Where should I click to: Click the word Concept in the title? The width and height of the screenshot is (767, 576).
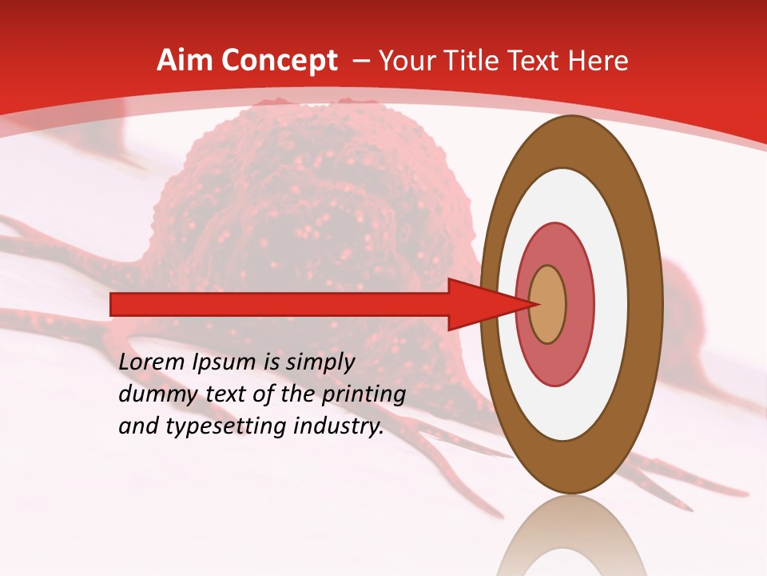[279, 61]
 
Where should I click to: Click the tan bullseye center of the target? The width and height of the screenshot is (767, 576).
[547, 304]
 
